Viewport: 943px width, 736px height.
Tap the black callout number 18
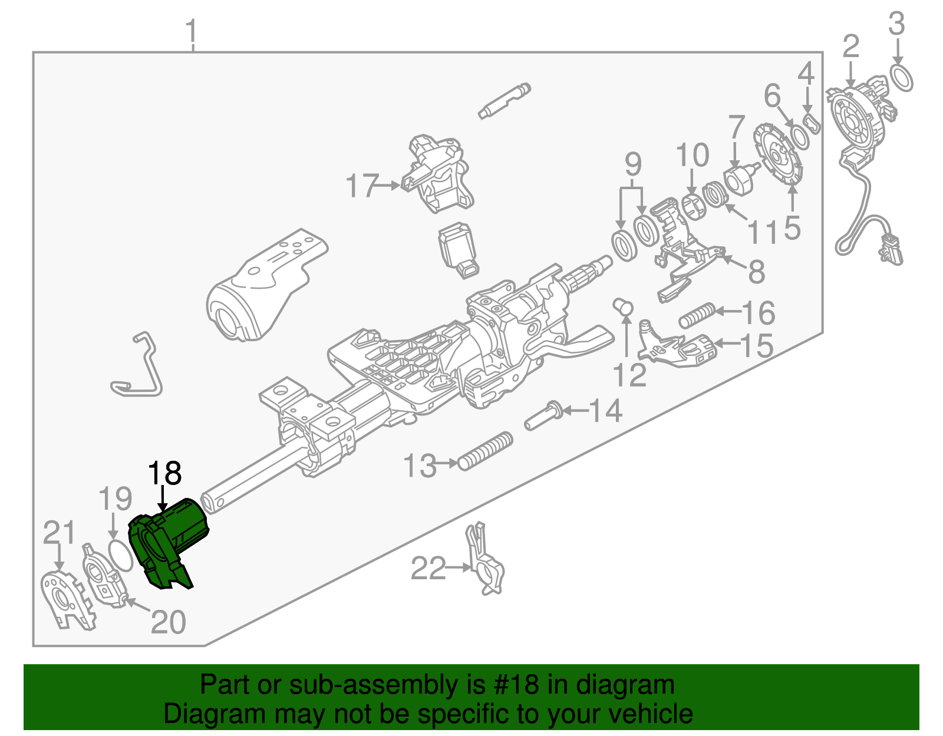pos(164,473)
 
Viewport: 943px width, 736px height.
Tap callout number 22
pos(428,569)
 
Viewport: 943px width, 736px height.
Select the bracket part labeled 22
pos(486,563)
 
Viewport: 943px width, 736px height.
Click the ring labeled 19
pos(121,554)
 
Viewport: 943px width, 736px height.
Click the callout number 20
pos(169,622)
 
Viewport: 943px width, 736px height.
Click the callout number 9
pos(632,164)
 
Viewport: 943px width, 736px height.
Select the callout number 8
pos(756,272)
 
